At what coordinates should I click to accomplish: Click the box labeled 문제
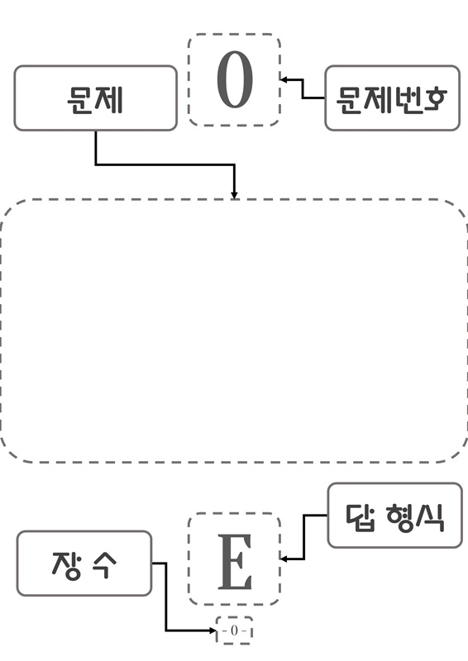[95, 97]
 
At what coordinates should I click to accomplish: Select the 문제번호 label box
[392, 97]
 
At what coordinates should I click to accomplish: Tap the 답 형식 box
[394, 515]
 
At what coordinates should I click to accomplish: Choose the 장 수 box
[84, 564]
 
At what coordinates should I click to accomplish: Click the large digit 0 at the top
[235, 78]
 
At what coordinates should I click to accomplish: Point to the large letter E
[235, 562]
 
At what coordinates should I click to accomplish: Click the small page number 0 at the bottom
[234, 630]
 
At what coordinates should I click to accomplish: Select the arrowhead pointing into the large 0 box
[284, 79]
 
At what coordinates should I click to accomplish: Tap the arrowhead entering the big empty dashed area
[234, 195]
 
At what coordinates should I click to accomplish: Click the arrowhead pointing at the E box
[284, 559]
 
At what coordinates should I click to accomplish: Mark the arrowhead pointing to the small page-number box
[213, 630]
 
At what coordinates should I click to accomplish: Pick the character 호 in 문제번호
[434, 100]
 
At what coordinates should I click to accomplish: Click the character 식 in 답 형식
[430, 517]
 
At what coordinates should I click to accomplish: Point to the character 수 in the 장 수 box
[103, 565]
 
